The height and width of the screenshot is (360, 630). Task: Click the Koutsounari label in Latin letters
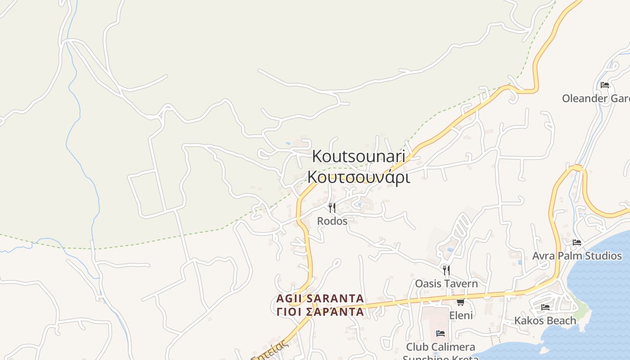click(x=358, y=157)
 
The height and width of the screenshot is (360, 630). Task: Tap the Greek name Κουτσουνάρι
click(x=358, y=177)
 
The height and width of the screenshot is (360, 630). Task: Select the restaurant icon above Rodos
click(x=332, y=208)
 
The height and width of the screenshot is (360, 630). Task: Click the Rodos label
click(x=332, y=221)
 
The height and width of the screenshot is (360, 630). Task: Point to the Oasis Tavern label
click(x=446, y=283)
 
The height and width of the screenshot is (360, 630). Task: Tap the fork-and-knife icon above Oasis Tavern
click(x=446, y=270)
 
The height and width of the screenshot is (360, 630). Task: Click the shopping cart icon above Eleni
click(x=460, y=302)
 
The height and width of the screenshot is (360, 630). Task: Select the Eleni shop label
click(x=461, y=315)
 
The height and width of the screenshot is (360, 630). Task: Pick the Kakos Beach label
click(x=545, y=320)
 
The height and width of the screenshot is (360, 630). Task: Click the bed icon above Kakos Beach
click(x=545, y=307)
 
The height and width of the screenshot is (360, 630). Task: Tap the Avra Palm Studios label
click(x=577, y=256)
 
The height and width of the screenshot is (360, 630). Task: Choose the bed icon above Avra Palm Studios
click(x=577, y=243)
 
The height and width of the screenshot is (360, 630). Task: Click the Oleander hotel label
click(x=595, y=98)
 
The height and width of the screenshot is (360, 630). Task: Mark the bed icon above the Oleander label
click(x=605, y=85)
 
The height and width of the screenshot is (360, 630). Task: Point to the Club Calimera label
click(x=440, y=347)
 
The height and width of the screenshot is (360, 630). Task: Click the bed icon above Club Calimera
click(x=441, y=333)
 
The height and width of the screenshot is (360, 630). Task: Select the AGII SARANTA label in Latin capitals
click(x=320, y=298)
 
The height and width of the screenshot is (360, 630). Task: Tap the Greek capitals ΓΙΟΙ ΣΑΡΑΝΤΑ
click(x=320, y=311)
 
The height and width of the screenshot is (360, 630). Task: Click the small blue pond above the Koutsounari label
click(x=288, y=144)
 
